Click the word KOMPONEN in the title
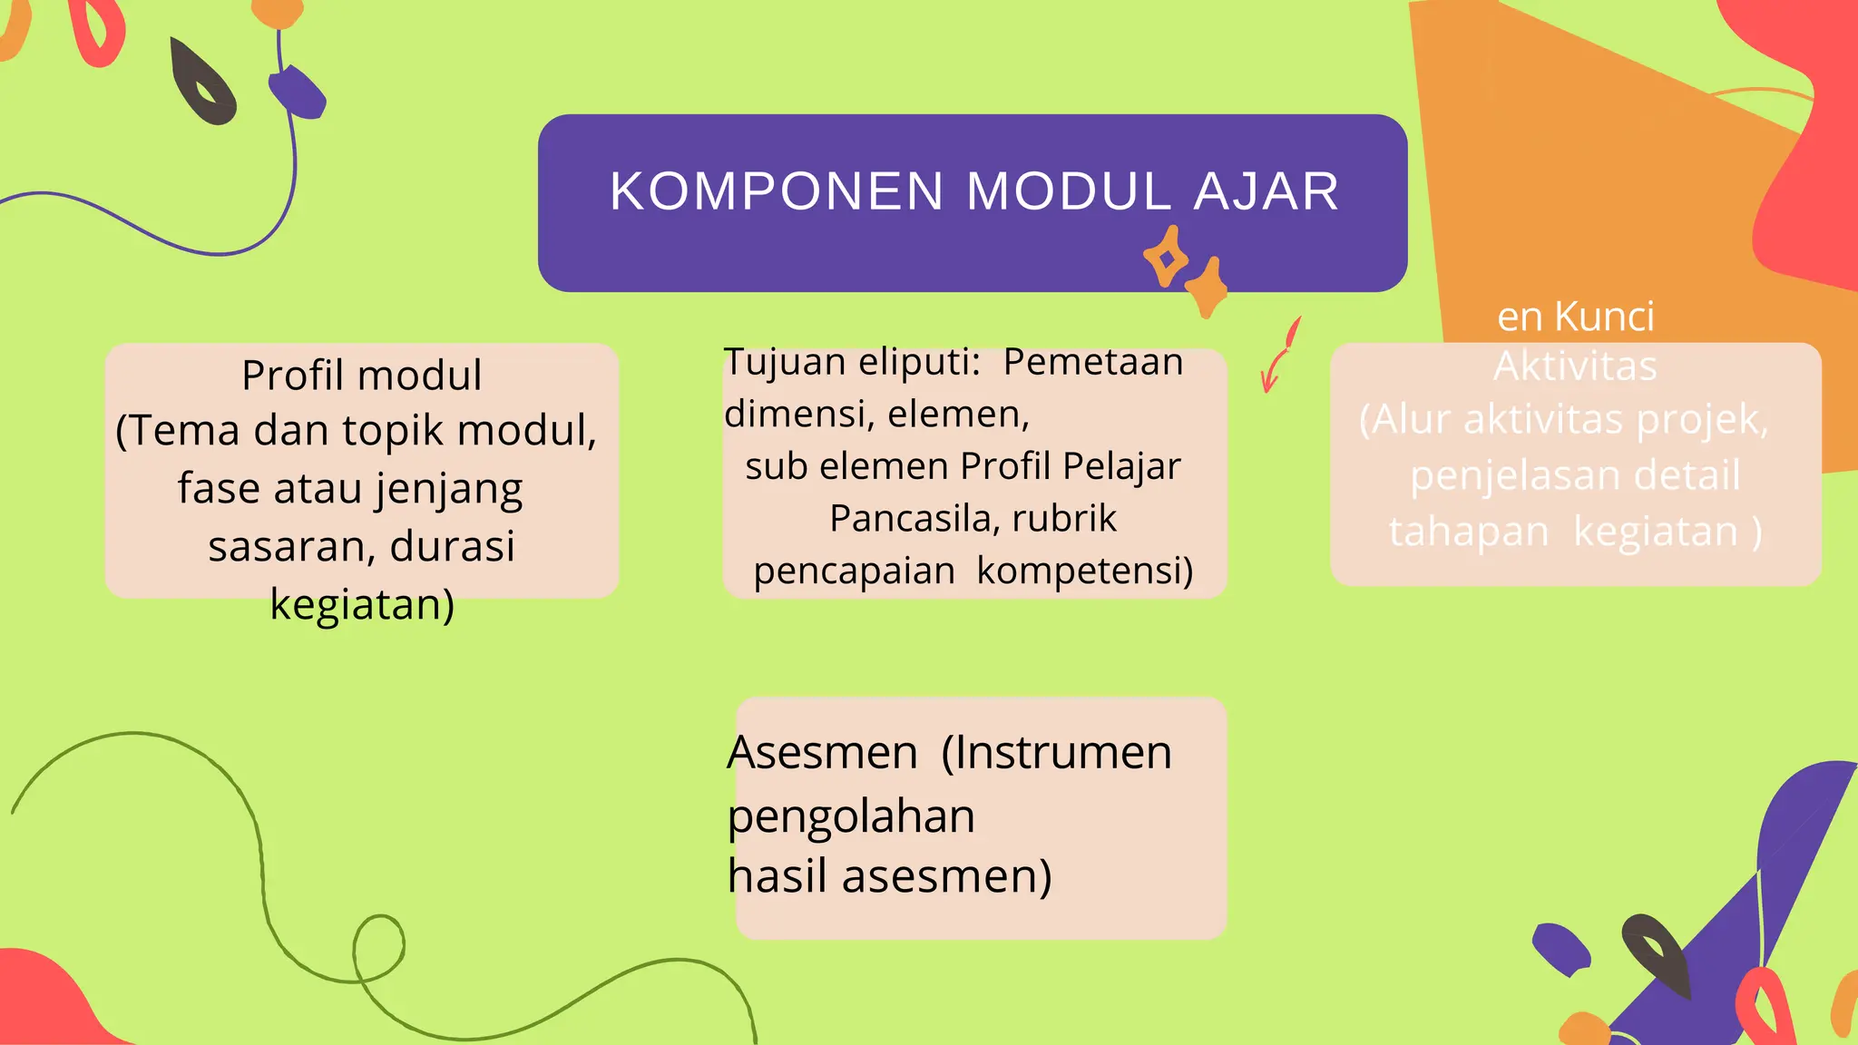777,191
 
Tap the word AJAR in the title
1266,191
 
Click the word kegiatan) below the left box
362,604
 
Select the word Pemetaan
1093,362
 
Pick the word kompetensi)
1085,571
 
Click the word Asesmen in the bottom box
823,753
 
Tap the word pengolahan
851,816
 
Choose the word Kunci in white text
1604,317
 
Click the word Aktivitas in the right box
1575,366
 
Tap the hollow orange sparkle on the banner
1167,257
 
